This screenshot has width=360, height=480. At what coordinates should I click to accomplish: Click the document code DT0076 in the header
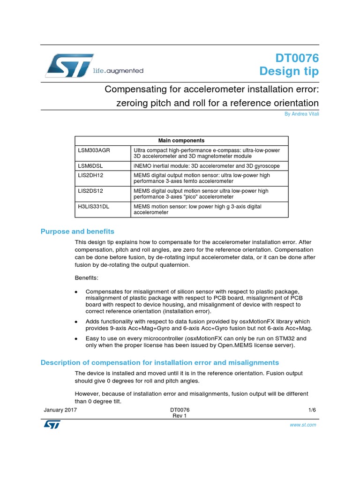[297, 59]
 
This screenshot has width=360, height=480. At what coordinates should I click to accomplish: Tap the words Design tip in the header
[289, 72]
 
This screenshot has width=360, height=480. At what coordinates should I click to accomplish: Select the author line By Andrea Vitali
[301, 114]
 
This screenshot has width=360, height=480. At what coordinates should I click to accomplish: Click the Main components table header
[181, 140]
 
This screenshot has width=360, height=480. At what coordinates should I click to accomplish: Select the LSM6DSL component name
[90, 166]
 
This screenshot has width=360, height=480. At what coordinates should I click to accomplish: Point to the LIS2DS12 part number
[90, 191]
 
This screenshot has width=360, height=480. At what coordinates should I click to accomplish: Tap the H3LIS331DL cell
[94, 206]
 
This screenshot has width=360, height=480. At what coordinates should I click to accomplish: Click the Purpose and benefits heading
[77, 232]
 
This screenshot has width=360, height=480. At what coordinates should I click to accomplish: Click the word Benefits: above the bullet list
[86, 278]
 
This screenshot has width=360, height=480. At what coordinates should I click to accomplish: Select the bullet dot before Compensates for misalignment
[76, 292]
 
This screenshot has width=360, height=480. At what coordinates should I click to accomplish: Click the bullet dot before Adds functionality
[76, 322]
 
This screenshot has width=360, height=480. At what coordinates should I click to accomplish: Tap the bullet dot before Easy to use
[76, 338]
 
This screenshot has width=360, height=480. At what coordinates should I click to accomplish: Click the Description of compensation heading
[159, 362]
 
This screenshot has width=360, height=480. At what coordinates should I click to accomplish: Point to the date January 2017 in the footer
[60, 410]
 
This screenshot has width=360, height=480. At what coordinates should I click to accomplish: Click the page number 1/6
[312, 410]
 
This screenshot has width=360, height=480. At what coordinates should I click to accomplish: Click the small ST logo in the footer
[49, 424]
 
